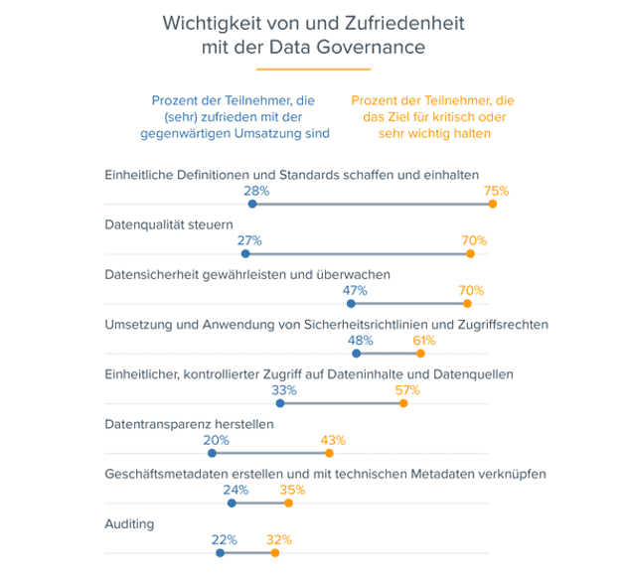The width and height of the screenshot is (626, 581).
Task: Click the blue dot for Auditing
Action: pos(221,552)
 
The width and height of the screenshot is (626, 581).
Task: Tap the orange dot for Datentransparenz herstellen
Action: pos(329,453)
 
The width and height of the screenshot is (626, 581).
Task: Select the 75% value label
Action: pos(496,191)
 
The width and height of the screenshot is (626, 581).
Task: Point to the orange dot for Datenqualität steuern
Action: pos(471,253)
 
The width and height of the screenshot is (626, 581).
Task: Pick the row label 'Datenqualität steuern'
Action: pos(169,224)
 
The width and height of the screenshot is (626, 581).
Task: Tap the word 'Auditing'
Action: pos(129,522)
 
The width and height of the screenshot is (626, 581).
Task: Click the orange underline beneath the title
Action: pos(313,70)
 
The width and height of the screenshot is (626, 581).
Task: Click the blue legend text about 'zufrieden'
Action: pos(240,116)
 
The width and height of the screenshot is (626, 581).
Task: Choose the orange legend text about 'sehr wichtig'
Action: pos(432,116)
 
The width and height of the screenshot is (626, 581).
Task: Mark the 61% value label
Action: pos(424,340)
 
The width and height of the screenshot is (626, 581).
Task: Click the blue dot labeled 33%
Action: pos(280,403)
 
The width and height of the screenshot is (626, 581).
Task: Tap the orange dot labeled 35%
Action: pos(289,503)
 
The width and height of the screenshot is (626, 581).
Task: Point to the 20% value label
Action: pos(217,439)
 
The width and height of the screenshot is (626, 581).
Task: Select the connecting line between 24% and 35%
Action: pos(260,503)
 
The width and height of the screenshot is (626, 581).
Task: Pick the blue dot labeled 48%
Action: pos(356,354)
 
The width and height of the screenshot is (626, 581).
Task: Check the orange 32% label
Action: pos(278,539)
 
